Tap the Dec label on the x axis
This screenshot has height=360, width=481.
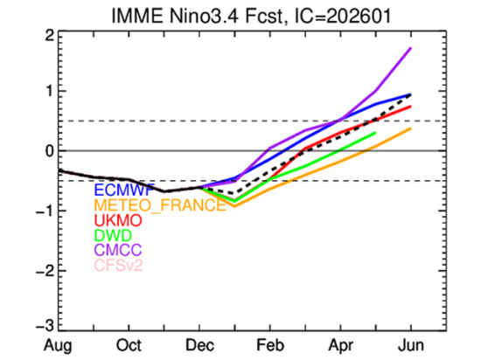coord(200,344)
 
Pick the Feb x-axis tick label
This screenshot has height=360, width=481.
coord(269,344)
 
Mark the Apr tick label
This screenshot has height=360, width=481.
coord(339,344)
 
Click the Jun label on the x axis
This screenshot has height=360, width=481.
coord(410,344)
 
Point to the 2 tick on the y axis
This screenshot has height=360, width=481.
coord(51,35)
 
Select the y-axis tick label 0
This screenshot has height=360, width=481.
coord(51,151)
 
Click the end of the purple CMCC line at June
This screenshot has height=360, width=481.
coord(410,48)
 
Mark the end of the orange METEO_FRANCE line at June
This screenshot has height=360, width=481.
coord(410,128)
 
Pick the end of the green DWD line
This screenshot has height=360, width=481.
coord(375,133)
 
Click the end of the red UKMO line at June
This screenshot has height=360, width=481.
coord(410,107)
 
